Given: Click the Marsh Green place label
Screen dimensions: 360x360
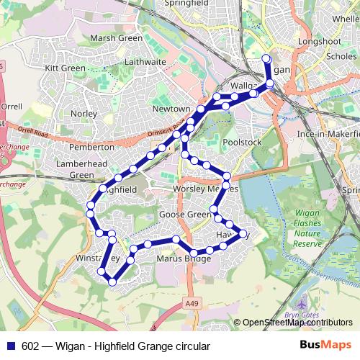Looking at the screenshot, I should tap(114, 38).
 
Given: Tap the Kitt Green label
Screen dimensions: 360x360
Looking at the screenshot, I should tap(66, 68).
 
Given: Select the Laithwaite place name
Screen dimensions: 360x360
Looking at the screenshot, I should tap(145, 62).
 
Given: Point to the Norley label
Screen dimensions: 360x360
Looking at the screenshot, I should tap(84, 114).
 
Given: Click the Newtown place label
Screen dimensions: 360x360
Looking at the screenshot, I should tap(171, 109).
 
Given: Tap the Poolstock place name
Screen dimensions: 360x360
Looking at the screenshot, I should tap(241, 143).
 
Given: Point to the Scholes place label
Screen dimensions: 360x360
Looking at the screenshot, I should tap(341, 55).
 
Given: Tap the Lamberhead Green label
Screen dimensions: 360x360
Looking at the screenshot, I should tap(76, 169).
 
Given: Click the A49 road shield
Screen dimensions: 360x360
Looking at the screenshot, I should tap(189, 304).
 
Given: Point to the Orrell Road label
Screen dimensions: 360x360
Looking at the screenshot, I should tap(31, 132).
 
